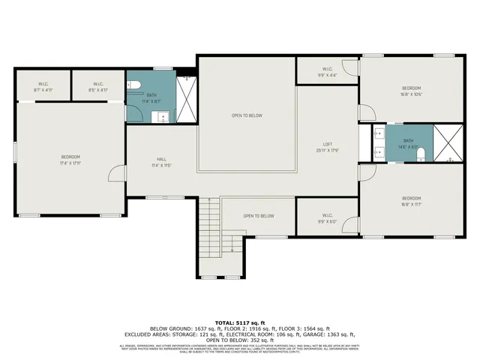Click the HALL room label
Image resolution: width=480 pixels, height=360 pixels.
(x=161, y=162)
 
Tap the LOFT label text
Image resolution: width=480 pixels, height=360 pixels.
(x=328, y=146)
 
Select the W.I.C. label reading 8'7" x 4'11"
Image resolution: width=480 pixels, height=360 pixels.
(x=43, y=86)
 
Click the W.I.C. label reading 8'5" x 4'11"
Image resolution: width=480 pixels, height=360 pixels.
(x=98, y=86)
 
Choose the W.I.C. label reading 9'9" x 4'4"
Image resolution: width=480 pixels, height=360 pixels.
(x=327, y=71)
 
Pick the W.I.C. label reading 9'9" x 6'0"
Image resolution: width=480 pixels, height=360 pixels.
(x=327, y=217)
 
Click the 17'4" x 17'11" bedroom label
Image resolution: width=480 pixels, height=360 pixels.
(x=70, y=160)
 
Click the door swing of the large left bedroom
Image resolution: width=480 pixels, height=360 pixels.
(x=116, y=174)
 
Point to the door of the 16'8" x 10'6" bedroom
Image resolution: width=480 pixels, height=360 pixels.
(x=366, y=114)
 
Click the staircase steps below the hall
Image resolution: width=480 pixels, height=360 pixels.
(x=211, y=225)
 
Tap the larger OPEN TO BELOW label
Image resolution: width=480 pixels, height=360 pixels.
(x=246, y=115)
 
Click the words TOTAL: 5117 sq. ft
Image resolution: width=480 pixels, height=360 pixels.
(x=240, y=321)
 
